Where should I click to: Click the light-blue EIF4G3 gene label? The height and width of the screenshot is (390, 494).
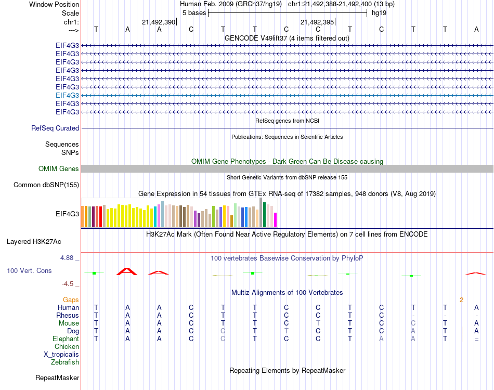(x=67, y=95)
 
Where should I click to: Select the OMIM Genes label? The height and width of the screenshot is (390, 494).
(x=58, y=168)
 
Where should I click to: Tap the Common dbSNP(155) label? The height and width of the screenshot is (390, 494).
(x=46, y=185)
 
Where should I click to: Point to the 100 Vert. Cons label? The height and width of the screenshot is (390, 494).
(x=29, y=271)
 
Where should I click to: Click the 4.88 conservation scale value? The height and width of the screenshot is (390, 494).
(x=69, y=257)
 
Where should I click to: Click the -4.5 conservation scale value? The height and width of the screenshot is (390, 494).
(x=69, y=284)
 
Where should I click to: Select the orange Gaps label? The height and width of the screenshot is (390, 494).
(x=71, y=300)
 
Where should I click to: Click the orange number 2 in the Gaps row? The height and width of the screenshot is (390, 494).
(x=461, y=300)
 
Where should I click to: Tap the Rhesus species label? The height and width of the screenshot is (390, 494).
(x=68, y=315)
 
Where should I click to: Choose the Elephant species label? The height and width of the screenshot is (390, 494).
(x=66, y=339)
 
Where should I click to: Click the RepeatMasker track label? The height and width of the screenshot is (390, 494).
(x=57, y=378)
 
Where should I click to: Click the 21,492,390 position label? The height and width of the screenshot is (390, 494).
(x=159, y=22)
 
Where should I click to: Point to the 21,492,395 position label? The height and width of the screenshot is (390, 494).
(x=317, y=22)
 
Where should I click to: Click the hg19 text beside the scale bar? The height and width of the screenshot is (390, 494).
(x=379, y=12)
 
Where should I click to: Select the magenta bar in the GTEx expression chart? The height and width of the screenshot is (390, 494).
(x=276, y=220)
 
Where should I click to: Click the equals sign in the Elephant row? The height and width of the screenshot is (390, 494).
(x=476, y=339)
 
